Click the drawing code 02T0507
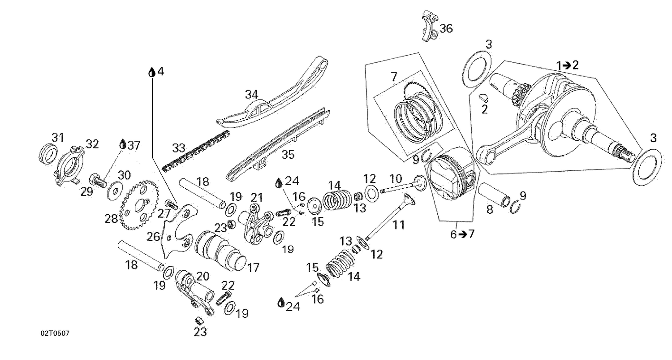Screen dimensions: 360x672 [55, 334]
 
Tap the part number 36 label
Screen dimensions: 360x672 [446, 29]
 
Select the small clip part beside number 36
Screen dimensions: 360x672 [429, 26]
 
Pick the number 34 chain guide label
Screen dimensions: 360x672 [251, 95]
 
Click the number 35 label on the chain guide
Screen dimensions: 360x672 [288, 155]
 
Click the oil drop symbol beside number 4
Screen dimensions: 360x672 [152, 72]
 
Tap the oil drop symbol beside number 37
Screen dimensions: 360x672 [122, 144]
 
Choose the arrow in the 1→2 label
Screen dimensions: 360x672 [566, 65]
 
